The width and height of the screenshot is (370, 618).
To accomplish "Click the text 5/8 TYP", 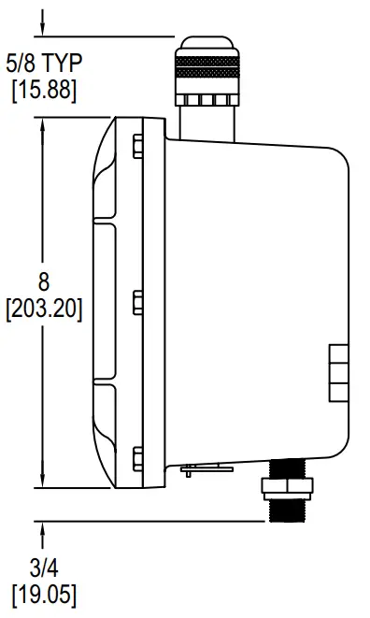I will [x=44, y=65].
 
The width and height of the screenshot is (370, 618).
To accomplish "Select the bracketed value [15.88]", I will [x=44, y=91].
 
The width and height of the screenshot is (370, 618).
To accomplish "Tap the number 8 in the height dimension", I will [x=44, y=283].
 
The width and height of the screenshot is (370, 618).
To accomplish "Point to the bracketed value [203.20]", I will [x=44, y=308].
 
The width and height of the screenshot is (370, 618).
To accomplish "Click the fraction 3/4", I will [x=44, y=568].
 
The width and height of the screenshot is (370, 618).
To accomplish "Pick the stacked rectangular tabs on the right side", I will [x=339, y=371].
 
